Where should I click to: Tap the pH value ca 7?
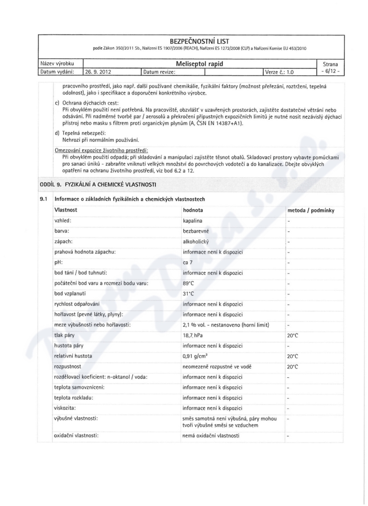tap(189, 263)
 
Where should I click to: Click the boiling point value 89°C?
tap(190, 283)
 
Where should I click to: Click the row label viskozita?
tap(65, 408)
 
